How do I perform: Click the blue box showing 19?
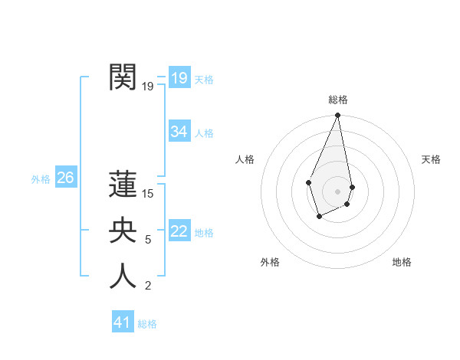tap(179, 77)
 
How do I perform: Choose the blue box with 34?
tap(179, 132)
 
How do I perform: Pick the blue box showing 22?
tap(179, 231)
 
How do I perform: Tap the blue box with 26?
tap(65, 178)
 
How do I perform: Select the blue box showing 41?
tap(123, 322)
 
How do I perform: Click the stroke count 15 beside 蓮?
tap(148, 194)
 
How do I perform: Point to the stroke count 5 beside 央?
tap(148, 240)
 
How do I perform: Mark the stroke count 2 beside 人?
tap(148, 286)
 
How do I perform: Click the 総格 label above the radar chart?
tap(338, 100)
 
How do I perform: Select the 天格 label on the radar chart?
tap(431, 159)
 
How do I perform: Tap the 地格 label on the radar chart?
tap(402, 262)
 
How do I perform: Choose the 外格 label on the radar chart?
tap(270, 262)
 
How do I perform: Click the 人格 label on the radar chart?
tap(245, 159)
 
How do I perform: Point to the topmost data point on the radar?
tap(337, 116)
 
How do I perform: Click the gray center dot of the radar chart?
tap(337, 191)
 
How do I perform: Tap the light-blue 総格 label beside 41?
tap(147, 324)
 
